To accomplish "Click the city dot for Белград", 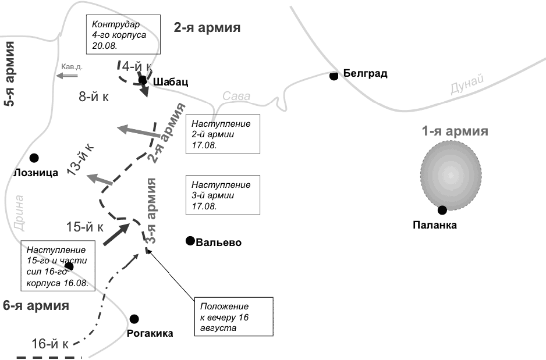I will click(334, 76).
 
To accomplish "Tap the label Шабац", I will click(171, 82).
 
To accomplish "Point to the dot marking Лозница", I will click(34, 158).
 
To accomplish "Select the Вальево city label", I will click(219, 243).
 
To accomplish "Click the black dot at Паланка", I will click(442, 210).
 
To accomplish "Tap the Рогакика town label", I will click(150, 333).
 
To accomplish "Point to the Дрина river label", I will click(17, 213).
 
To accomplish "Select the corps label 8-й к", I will click(94, 97).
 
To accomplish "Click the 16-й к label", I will click(50, 344).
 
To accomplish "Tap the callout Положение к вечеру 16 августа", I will click(233, 317).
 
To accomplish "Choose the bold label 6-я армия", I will click(36, 305).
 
